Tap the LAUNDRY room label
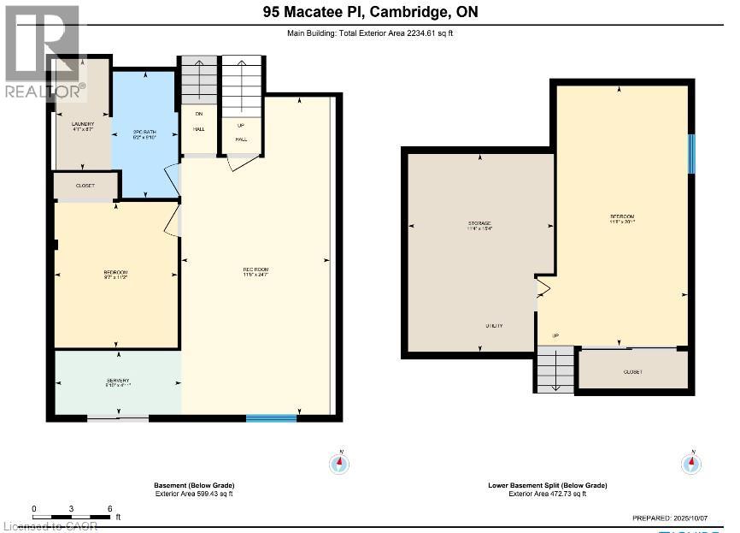pos(82,124)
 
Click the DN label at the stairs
pos(198,114)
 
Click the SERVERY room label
pos(118,381)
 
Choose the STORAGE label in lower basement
pos(479,224)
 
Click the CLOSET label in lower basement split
pos(633,372)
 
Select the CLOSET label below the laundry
pos(85,186)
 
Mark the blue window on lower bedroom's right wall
pos(691,152)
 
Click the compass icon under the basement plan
pos(340,463)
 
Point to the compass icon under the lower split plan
pos(693,463)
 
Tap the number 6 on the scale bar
pos(110,508)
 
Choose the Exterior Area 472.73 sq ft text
pos(548,494)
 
